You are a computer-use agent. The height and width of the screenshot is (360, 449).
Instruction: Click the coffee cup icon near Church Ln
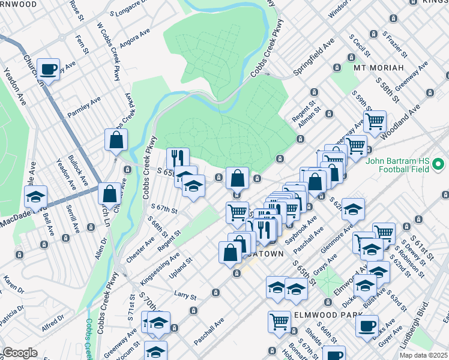click(x=48, y=69)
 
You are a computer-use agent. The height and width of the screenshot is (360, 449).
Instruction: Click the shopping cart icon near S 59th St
click(x=375, y=121)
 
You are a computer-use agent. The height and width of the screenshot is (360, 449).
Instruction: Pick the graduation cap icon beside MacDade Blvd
click(x=36, y=196)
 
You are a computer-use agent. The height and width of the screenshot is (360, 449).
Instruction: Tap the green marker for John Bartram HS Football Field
click(x=438, y=163)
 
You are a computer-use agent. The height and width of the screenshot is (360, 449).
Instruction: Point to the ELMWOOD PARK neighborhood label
click(x=328, y=314)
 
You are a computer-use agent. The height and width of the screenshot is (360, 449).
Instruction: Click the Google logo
click(x=20, y=353)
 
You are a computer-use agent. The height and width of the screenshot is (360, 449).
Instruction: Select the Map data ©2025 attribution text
click(x=424, y=355)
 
